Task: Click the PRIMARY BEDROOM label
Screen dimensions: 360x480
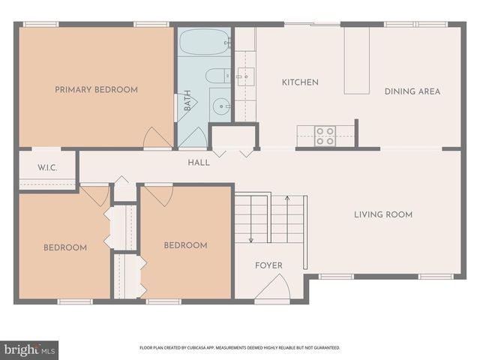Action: click(96, 90)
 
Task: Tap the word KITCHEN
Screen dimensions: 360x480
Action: click(300, 82)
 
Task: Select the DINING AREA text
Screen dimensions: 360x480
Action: click(412, 91)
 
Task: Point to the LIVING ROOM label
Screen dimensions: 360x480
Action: click(383, 214)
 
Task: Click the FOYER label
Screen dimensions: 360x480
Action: click(268, 265)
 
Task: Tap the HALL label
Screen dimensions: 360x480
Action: click(199, 162)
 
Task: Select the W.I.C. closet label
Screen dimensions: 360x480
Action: click(47, 166)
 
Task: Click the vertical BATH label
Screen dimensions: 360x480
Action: click(187, 101)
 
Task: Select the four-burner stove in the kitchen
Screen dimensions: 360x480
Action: click(325, 136)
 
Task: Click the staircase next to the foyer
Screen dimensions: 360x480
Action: click(270, 218)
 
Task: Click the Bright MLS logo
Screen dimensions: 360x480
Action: click(29, 349)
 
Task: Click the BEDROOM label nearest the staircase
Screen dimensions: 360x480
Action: click(185, 245)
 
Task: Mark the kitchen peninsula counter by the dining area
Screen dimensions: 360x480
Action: click(357, 61)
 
